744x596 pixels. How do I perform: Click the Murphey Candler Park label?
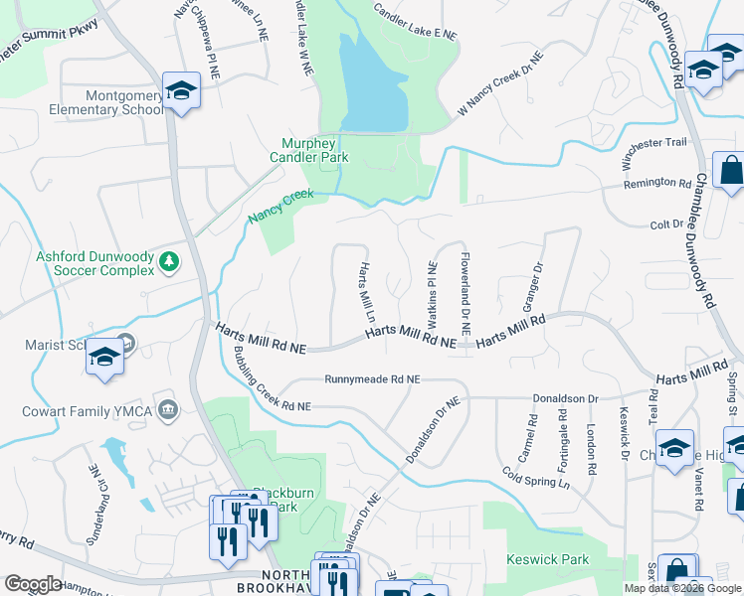(x=308, y=149)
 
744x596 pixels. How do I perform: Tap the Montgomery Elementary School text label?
(x=97, y=102)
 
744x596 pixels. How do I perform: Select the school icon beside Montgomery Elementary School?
(x=181, y=91)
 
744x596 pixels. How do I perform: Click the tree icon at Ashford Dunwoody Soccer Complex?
(x=170, y=261)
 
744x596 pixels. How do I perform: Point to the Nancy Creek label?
(x=280, y=206)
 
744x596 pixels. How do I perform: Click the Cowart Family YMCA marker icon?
(x=168, y=409)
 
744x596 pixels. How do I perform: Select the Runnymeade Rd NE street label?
(x=373, y=379)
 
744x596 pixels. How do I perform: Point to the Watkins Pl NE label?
(x=433, y=295)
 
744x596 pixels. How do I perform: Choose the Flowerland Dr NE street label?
(x=465, y=293)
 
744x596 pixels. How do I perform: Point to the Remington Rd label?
(x=656, y=184)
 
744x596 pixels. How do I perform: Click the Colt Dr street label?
(x=662, y=224)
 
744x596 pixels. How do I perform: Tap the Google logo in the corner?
(x=34, y=584)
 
